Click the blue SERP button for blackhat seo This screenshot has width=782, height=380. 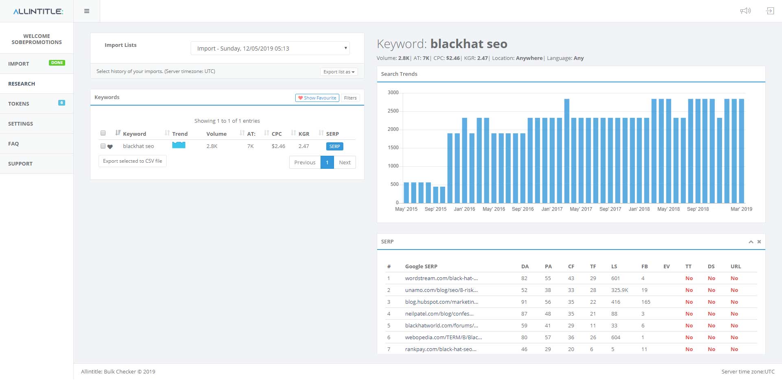(x=334, y=146)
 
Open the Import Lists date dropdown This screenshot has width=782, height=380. (x=270, y=49)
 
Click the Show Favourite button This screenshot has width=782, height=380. (x=317, y=98)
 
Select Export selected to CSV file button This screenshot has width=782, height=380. (x=132, y=161)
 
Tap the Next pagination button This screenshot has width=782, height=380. (x=345, y=162)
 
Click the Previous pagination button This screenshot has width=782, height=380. (x=305, y=162)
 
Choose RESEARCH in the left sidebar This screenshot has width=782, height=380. (x=22, y=84)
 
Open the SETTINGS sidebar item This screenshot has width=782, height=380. (x=20, y=124)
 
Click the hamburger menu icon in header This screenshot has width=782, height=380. (x=87, y=11)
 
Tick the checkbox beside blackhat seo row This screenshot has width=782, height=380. (x=103, y=146)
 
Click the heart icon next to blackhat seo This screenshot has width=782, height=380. (x=110, y=147)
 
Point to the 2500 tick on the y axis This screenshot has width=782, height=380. (x=393, y=111)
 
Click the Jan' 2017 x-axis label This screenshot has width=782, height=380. (x=552, y=209)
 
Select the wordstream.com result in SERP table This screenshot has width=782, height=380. (x=442, y=278)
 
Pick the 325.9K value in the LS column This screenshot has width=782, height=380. (x=619, y=290)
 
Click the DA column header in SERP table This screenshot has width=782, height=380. (x=525, y=267)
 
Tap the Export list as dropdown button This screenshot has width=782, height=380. (x=339, y=72)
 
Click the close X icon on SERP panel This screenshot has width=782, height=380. (x=759, y=242)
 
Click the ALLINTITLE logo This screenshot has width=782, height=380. (x=38, y=11)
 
